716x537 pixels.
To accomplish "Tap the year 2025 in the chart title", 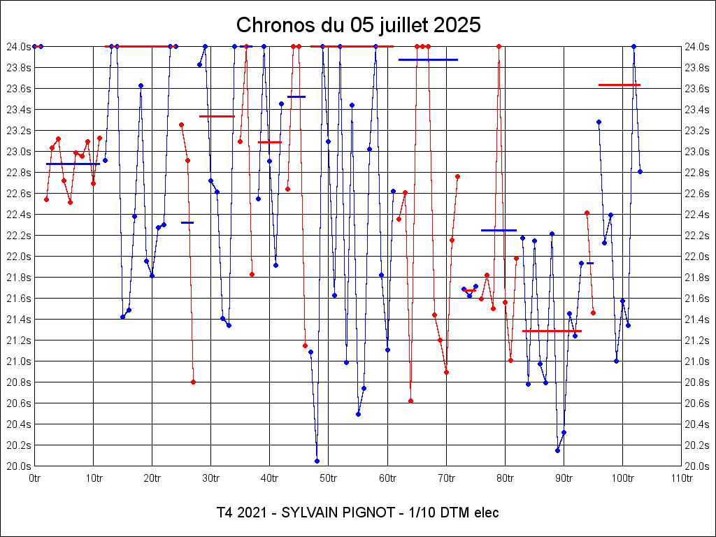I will (457, 25).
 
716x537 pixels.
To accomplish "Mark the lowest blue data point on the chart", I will (317, 461).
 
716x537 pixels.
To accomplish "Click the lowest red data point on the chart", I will (410, 401).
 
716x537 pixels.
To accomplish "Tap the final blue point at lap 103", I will (640, 171).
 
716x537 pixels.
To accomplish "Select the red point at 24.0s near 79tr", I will (499, 46).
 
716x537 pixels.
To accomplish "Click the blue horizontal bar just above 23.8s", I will (428, 60).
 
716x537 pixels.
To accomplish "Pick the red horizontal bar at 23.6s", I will (620, 85).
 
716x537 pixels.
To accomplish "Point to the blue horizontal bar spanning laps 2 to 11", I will (73, 164).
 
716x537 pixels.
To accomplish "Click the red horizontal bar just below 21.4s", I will (552, 331).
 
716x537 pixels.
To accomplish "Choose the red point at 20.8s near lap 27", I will (193, 382).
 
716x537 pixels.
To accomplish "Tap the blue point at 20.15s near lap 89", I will (557, 450).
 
